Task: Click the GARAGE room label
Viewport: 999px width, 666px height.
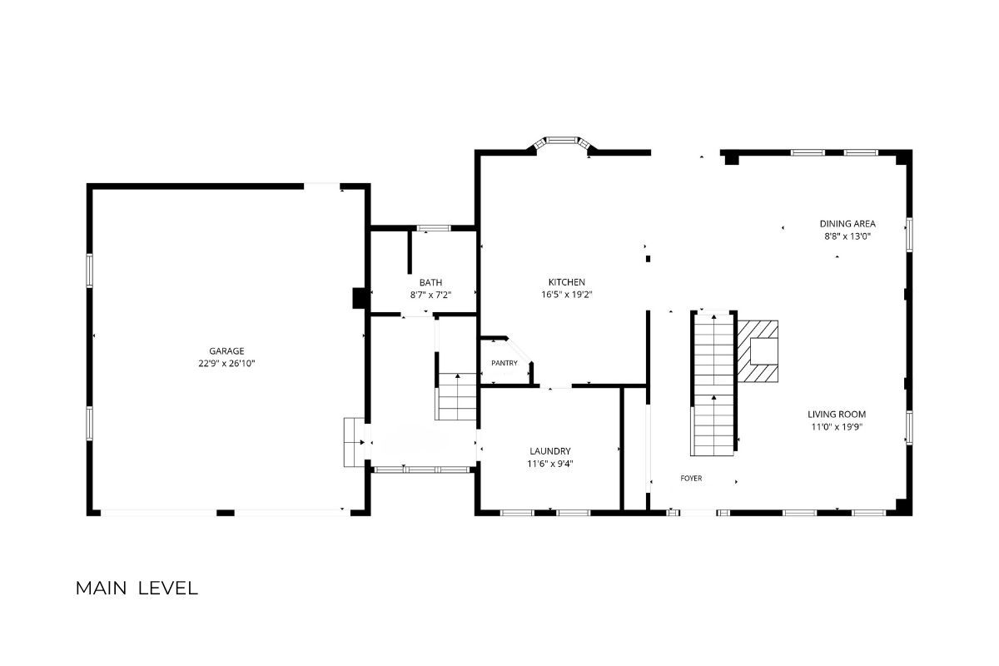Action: (x=226, y=351)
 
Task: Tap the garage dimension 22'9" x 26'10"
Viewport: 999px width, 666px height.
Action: (x=226, y=364)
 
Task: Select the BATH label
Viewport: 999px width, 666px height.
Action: (x=431, y=282)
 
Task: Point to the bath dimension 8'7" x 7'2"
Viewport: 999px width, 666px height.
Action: (x=431, y=295)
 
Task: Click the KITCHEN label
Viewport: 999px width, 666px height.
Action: (x=566, y=282)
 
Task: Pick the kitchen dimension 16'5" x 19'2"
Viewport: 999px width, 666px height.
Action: (x=566, y=295)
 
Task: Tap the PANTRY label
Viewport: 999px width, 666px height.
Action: (x=504, y=363)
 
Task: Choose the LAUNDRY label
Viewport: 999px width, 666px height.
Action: (x=550, y=451)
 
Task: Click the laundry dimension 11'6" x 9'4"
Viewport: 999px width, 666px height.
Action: (x=550, y=464)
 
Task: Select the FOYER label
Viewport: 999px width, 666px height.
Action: (x=691, y=478)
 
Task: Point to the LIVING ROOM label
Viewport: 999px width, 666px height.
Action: (x=837, y=415)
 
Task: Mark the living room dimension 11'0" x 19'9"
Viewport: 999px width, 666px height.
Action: (x=837, y=427)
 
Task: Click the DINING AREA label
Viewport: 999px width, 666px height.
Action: (x=847, y=223)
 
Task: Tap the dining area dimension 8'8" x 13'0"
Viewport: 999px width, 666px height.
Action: (x=847, y=236)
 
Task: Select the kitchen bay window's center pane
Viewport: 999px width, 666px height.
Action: (x=562, y=140)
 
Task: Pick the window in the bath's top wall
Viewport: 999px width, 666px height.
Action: (x=434, y=228)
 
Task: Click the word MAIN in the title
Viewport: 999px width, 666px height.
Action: (x=102, y=589)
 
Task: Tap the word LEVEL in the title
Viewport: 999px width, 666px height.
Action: (x=167, y=589)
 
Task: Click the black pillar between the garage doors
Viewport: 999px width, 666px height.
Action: (x=226, y=513)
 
